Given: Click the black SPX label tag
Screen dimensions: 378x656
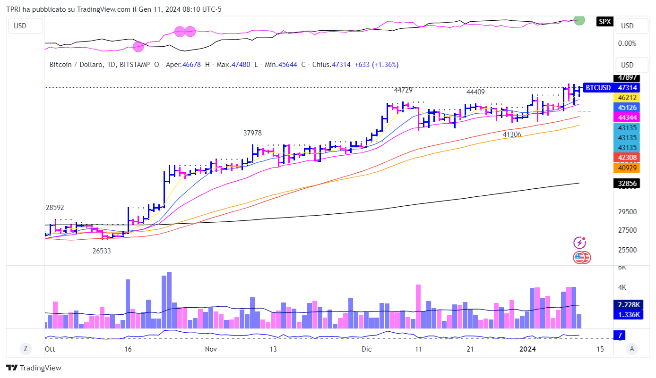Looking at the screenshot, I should click(604, 21).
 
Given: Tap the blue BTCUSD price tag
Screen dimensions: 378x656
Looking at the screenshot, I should click(611, 87).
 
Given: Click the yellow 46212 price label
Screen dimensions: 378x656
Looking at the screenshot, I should click(627, 97).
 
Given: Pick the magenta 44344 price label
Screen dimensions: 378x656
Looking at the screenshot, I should click(627, 117).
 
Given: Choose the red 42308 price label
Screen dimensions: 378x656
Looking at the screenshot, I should click(627, 158).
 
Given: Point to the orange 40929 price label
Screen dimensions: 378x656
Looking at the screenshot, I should click(627, 168).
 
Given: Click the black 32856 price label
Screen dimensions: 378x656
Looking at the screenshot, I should click(627, 184).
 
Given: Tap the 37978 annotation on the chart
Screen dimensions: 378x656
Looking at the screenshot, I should click(252, 133).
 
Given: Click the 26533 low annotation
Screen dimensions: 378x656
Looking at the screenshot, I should click(102, 251).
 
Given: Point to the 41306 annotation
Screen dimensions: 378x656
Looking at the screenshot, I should click(512, 134).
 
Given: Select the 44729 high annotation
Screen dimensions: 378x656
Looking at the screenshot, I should click(404, 90).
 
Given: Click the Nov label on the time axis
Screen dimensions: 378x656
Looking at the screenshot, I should click(211, 349).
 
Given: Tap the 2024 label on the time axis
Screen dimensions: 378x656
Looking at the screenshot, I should click(527, 349).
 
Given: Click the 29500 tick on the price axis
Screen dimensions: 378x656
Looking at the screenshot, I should click(627, 212).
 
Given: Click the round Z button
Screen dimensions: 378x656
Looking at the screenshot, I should click(26, 349).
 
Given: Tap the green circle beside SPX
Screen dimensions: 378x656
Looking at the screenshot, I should click(579, 20).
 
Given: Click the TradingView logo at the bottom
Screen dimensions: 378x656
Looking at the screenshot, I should click(34, 368).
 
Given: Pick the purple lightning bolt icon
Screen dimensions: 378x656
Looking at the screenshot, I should click(580, 243).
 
